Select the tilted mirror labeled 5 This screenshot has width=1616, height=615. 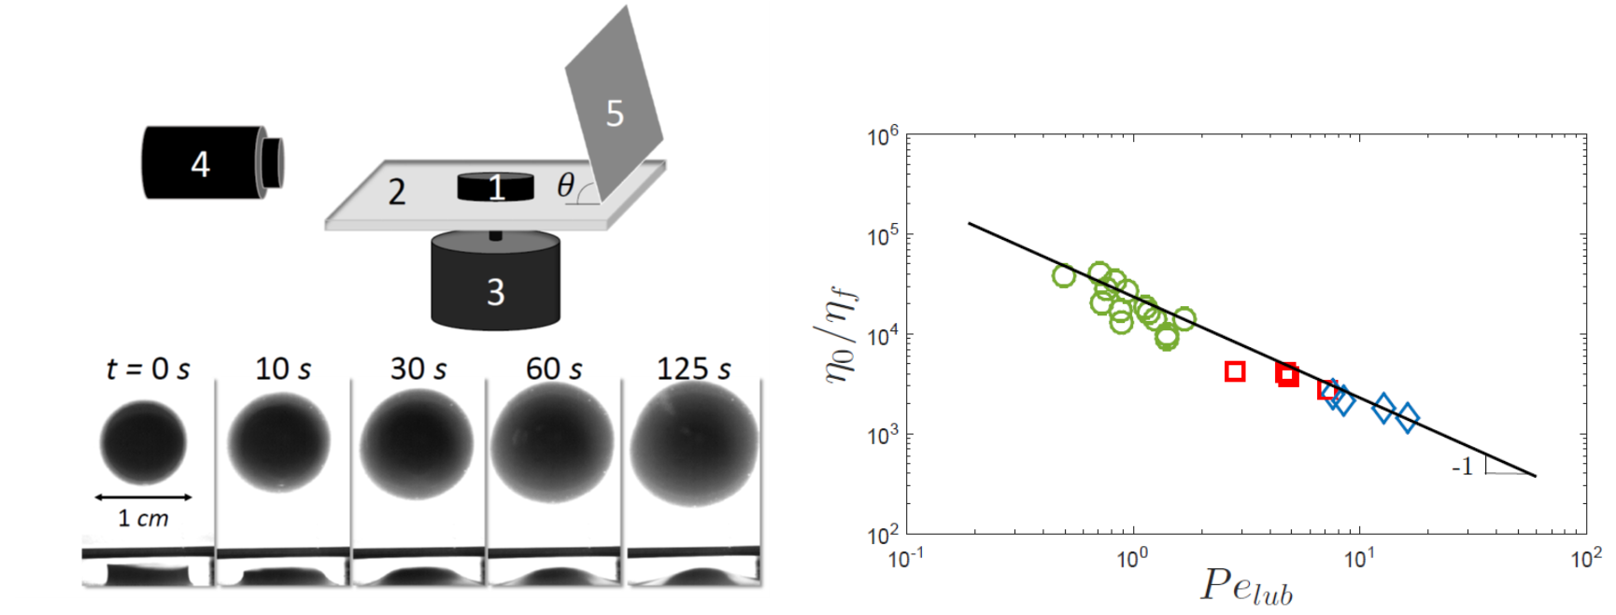(x=614, y=107)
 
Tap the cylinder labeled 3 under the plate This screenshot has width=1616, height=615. (x=495, y=281)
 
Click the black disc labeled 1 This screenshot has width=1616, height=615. (x=495, y=186)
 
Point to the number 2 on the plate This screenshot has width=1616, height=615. (x=397, y=192)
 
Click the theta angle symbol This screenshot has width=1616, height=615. (x=565, y=185)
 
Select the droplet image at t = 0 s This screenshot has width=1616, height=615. (x=143, y=442)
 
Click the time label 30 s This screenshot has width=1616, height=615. (x=418, y=369)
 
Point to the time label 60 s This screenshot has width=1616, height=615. (x=554, y=369)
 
